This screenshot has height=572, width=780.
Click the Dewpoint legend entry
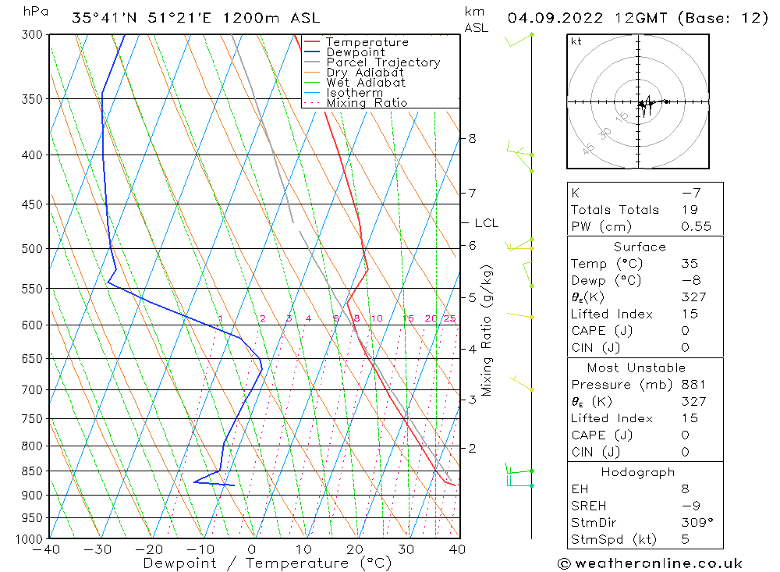(x=355, y=52)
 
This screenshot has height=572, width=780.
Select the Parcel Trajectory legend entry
(x=383, y=62)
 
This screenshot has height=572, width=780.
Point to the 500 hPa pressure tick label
(x=34, y=249)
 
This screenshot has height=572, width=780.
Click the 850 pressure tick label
(x=34, y=471)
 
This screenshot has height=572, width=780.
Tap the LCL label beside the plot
(x=485, y=223)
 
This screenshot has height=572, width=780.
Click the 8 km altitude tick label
(x=472, y=139)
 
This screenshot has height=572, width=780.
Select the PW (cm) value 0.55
(x=696, y=226)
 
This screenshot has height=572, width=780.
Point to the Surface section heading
(x=640, y=247)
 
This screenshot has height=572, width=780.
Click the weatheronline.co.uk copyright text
(x=650, y=563)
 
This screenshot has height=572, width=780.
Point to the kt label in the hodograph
(x=576, y=41)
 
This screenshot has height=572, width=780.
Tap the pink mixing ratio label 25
(x=449, y=318)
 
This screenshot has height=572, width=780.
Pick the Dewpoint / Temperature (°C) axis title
(x=267, y=563)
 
